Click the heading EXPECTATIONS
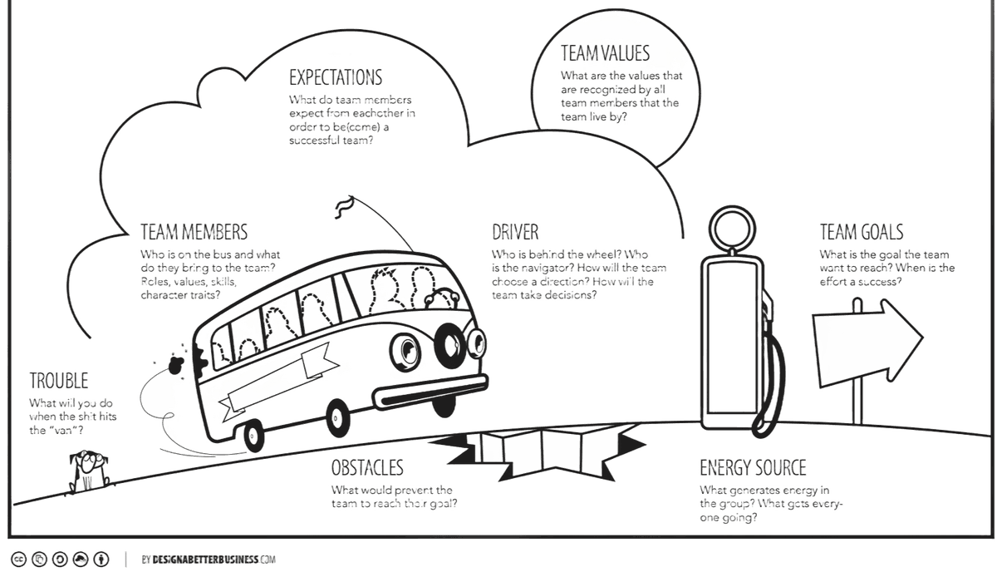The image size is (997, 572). pyautogui.click(x=336, y=78)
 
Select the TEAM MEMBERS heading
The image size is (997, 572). pyautogui.click(x=193, y=230)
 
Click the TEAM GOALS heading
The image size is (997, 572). pyautogui.click(x=861, y=232)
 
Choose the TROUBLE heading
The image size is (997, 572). pyautogui.click(x=59, y=382)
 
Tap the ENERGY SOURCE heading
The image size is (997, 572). pyautogui.click(x=753, y=466)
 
